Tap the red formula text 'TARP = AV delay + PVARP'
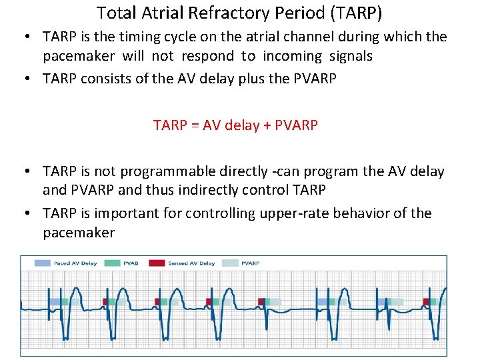pos(235,125)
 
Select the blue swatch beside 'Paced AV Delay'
pos(43,263)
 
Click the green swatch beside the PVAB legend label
pos(112,263)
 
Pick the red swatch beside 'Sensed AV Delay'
pos(157,263)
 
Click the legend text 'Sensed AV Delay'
pos(192,263)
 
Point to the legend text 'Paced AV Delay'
pos(75,263)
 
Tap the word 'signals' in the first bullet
pos(351,56)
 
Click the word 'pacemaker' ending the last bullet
pos(79,233)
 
